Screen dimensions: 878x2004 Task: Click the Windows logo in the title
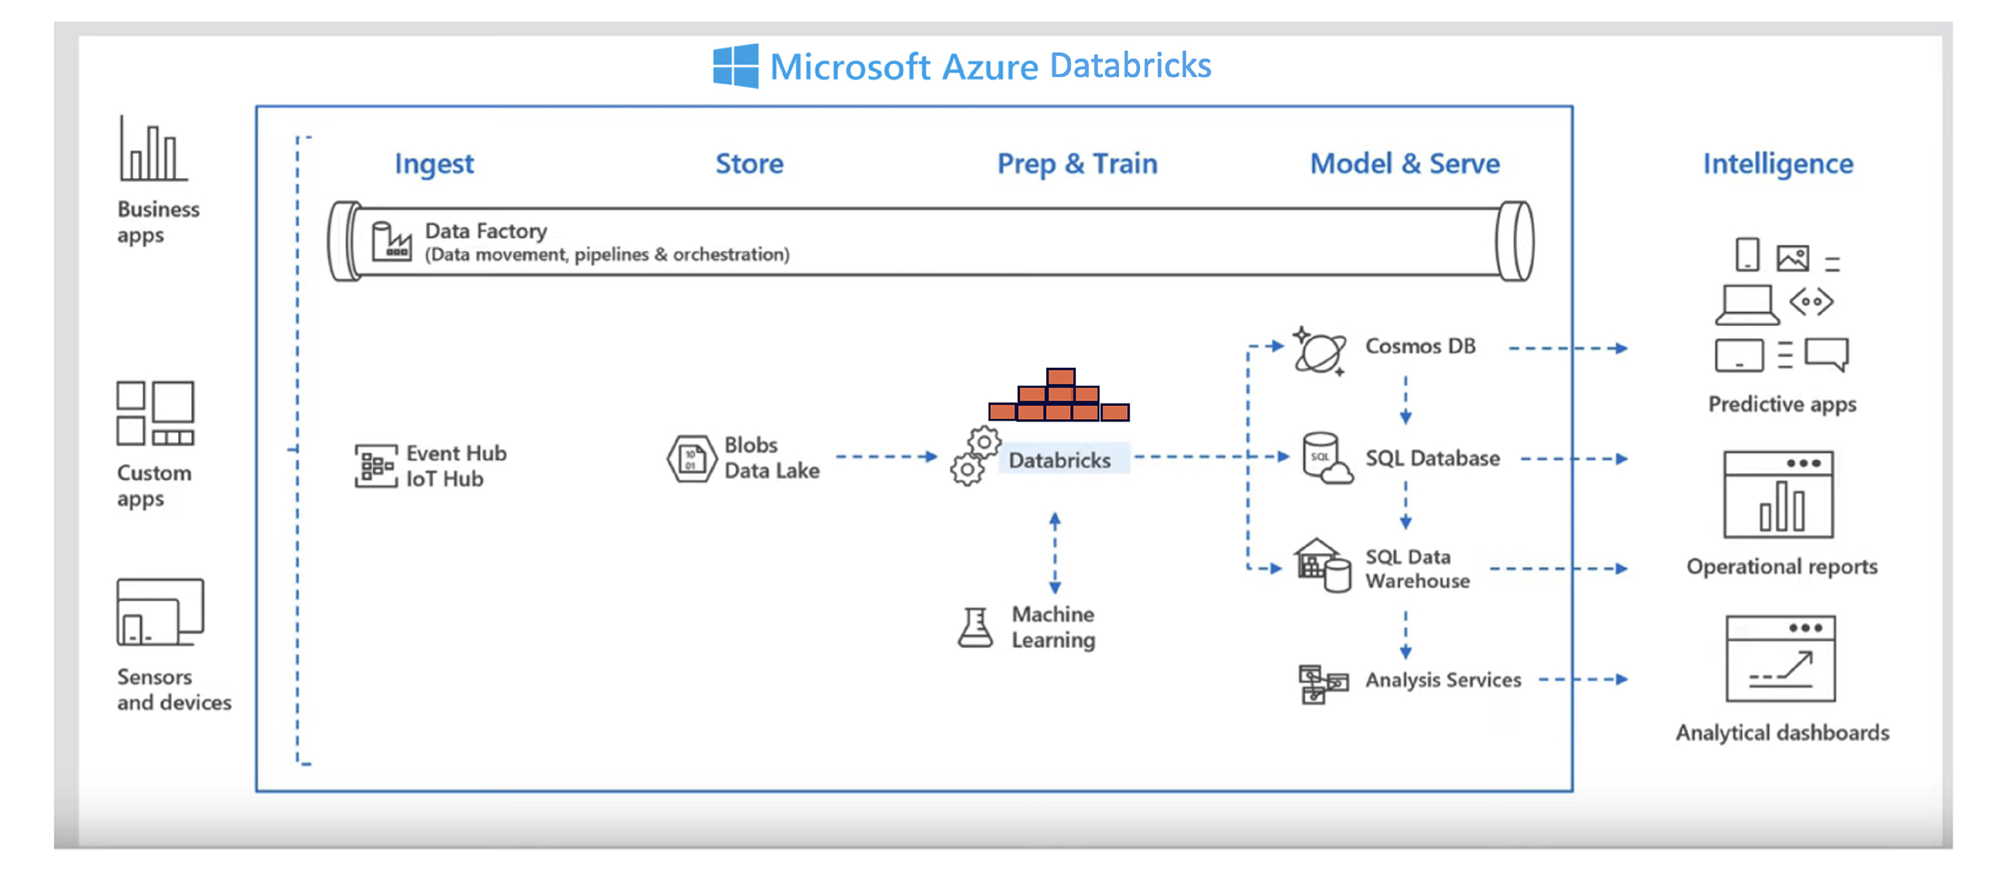click(735, 66)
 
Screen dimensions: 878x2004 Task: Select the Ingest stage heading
click(434, 163)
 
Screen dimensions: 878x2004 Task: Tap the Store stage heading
click(749, 163)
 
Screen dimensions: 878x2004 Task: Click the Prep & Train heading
click(1077, 163)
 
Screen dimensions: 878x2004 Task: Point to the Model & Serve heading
click(1404, 163)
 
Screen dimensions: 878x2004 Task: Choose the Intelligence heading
click(1777, 163)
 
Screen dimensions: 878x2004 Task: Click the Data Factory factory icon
click(391, 241)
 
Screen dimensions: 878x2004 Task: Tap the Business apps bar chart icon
click(152, 149)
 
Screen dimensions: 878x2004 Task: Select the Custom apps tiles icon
click(156, 413)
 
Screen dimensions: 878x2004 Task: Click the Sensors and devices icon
click(160, 613)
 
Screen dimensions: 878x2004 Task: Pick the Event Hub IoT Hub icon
click(375, 465)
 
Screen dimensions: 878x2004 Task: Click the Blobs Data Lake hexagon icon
click(691, 458)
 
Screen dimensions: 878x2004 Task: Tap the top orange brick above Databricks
click(1060, 377)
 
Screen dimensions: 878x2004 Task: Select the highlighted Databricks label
click(1060, 460)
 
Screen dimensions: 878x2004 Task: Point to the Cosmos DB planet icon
click(1319, 351)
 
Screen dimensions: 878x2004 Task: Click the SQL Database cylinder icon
click(1324, 458)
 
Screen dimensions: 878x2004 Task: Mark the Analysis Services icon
click(1321, 683)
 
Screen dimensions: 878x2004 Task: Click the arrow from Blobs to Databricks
click(886, 457)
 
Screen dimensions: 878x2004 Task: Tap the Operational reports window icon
click(1777, 494)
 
